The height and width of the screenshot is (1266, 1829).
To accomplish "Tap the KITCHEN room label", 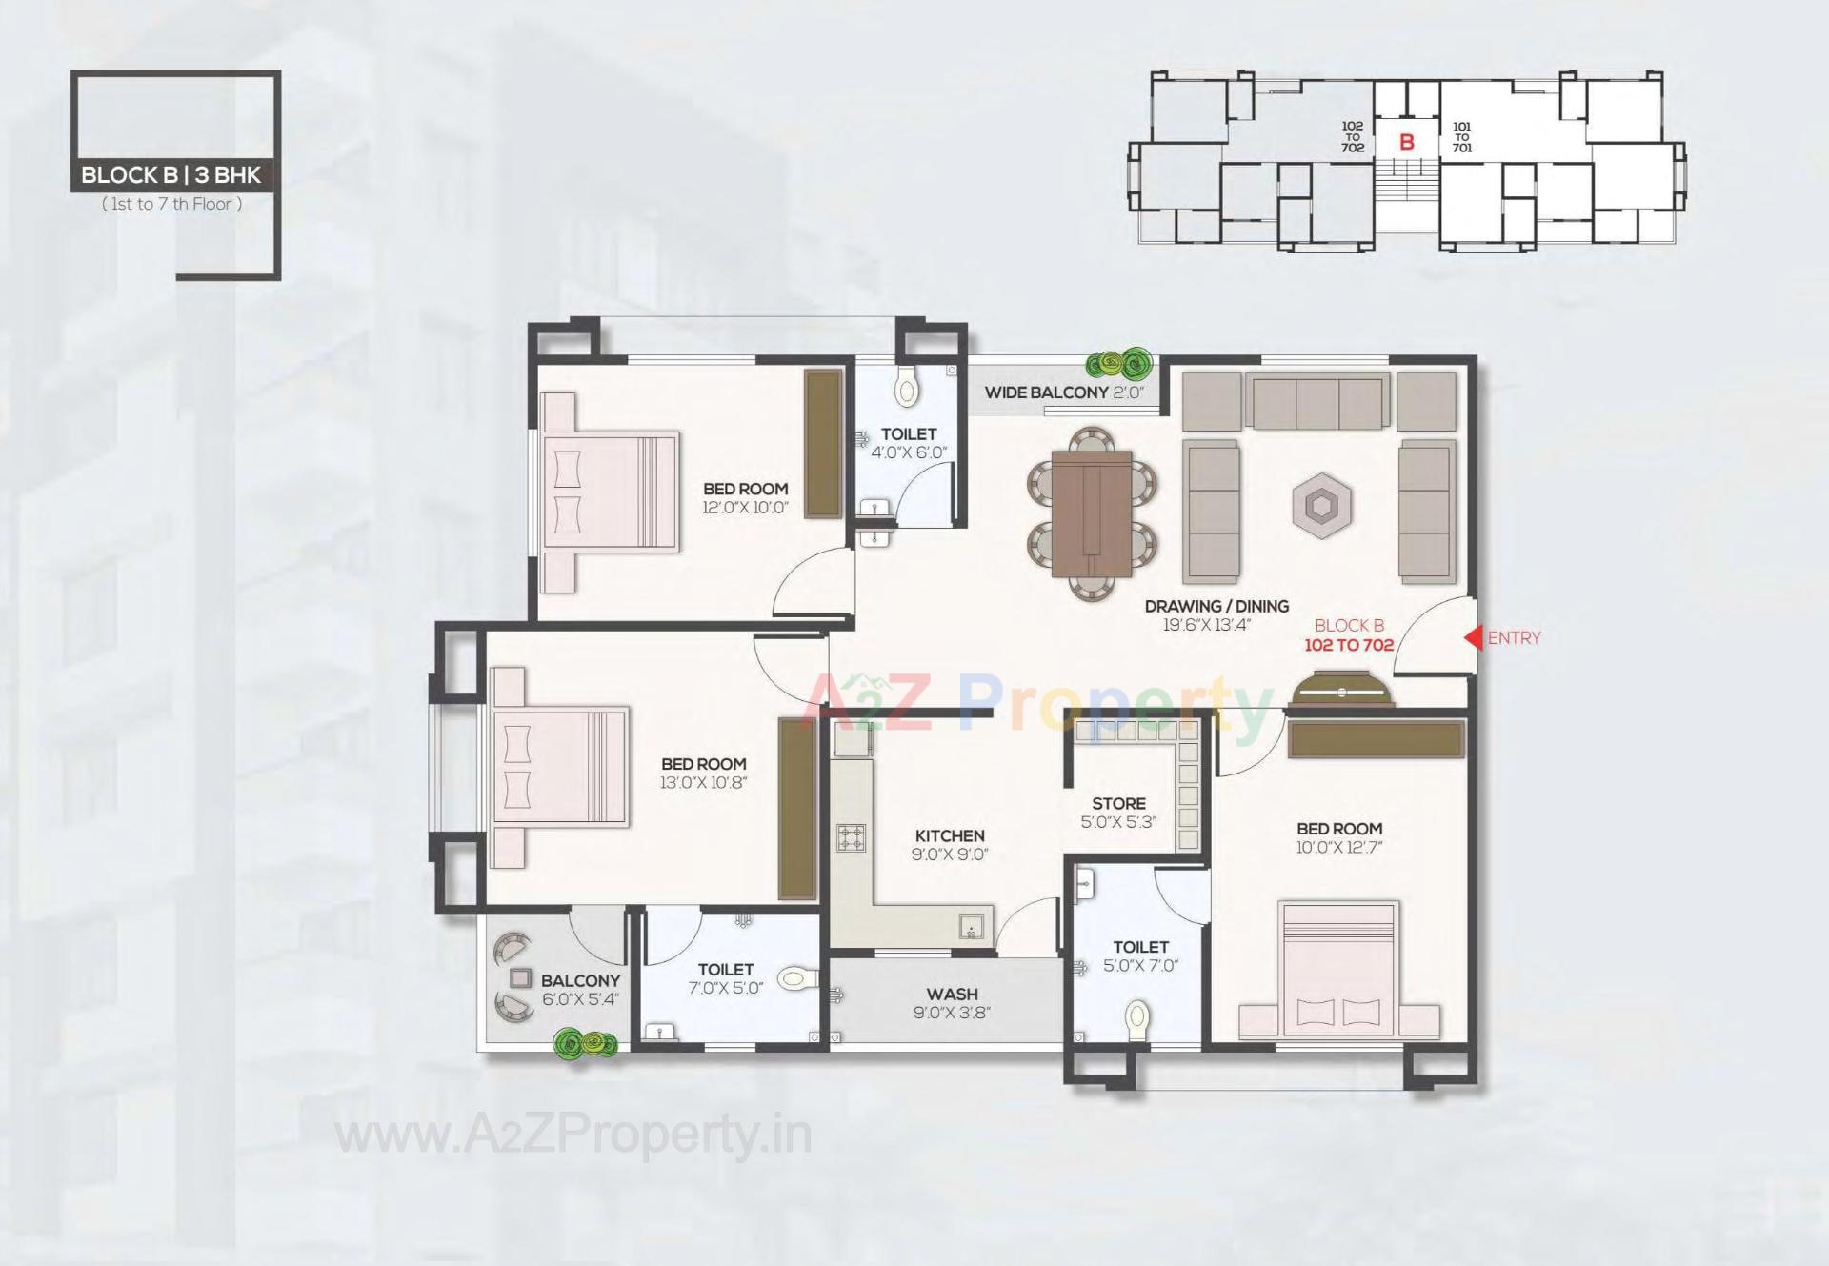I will point(950,835).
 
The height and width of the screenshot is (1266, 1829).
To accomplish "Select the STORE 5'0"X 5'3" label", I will point(1118,812).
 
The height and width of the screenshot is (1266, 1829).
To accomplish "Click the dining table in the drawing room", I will point(1092,513).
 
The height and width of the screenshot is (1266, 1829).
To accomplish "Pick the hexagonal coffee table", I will point(1321,506).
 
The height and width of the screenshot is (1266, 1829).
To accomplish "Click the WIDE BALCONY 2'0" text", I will point(1063,392).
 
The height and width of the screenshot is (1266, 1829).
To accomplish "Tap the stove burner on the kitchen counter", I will point(852,837).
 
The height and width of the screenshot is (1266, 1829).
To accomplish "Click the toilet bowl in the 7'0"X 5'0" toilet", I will point(796,978).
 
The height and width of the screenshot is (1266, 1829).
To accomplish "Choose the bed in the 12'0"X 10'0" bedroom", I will point(610,492).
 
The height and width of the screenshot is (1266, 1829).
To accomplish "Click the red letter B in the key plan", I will point(1406,143).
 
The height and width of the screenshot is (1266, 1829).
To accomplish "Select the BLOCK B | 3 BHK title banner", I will point(171,175).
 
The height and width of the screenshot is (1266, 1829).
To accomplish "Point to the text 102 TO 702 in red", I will point(1349,645).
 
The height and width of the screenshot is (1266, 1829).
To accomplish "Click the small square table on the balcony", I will point(520,977).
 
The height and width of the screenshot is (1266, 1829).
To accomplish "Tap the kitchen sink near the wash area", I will point(971,927).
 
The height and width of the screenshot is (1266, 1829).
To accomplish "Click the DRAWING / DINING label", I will point(1216,606).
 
